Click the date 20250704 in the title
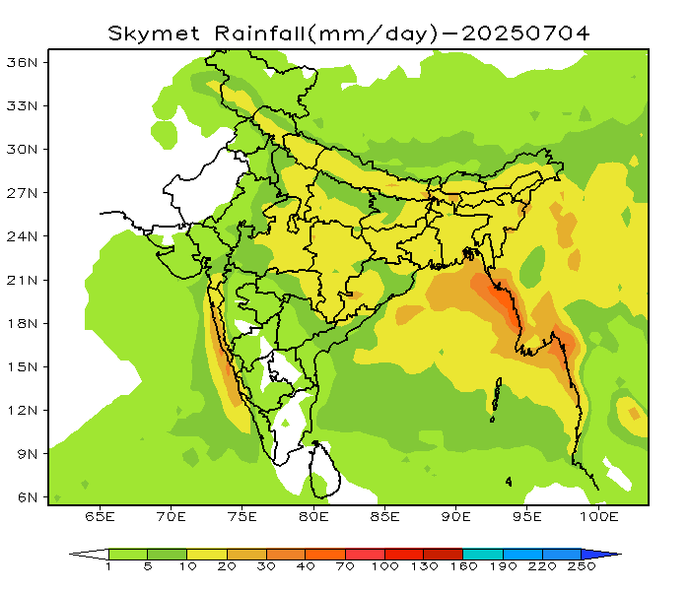[x=526, y=33]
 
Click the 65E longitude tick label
[x=101, y=516]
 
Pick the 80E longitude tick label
[x=314, y=516]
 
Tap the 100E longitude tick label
[x=598, y=516]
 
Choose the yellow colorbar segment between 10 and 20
[x=206, y=555]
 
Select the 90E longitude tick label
[x=456, y=516]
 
